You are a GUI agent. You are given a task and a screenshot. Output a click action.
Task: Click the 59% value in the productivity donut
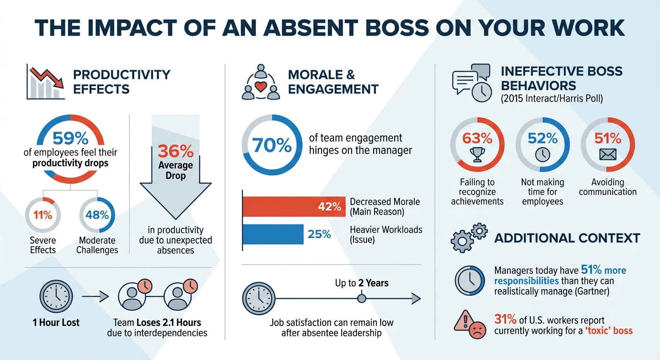(x=70, y=138)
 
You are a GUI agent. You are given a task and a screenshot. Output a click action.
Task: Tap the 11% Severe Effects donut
(x=42, y=215)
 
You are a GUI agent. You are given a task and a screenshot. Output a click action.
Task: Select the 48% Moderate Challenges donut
(x=97, y=215)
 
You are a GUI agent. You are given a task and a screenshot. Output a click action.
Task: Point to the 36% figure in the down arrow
(x=175, y=151)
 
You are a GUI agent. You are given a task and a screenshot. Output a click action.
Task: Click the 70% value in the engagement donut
(x=272, y=145)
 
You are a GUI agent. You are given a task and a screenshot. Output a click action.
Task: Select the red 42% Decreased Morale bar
(x=293, y=207)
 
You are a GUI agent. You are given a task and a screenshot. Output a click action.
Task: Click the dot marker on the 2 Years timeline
(x=361, y=298)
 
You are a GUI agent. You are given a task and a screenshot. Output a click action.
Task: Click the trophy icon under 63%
(x=477, y=155)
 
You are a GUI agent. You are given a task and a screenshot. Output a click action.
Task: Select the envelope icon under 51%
(x=607, y=155)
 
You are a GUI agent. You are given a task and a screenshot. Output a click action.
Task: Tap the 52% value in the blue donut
(x=542, y=138)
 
